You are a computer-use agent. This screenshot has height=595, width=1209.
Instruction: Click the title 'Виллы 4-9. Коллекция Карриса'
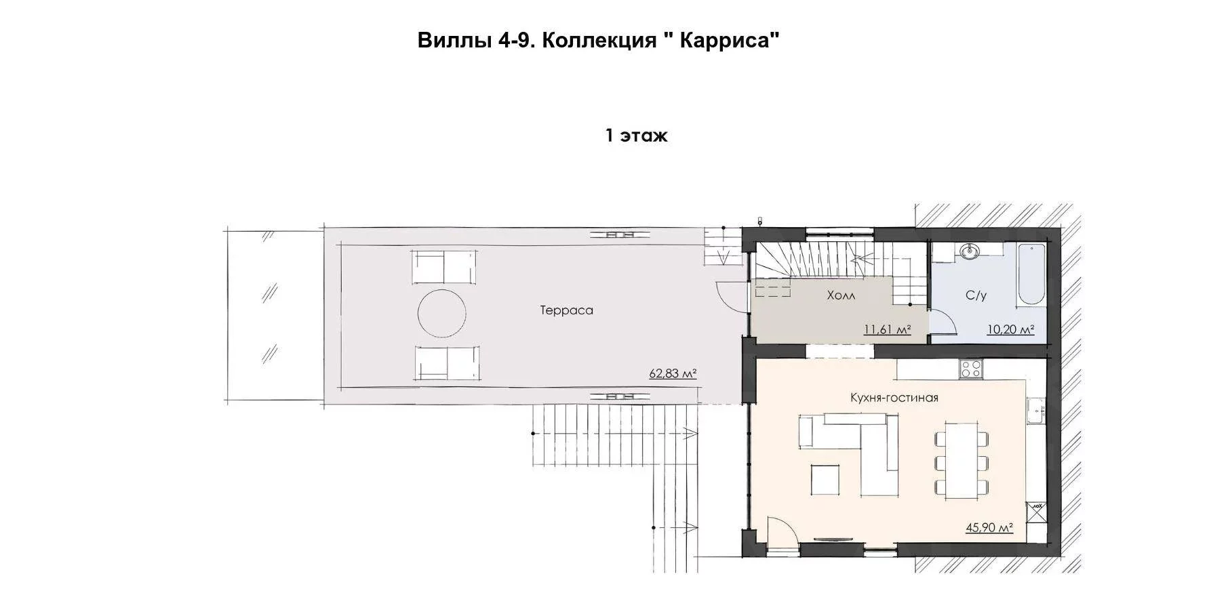597,41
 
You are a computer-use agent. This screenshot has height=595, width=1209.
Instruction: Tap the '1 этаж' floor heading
636,136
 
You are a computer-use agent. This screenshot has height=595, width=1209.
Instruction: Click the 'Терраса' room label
567,310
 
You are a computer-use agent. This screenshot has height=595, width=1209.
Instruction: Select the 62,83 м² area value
673,373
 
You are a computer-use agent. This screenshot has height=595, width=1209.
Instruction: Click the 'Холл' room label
841,295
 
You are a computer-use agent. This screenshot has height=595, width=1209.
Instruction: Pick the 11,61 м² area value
887,330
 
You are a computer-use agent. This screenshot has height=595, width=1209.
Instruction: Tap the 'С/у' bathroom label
976,295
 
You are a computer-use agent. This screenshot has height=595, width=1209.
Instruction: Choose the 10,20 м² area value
1010,330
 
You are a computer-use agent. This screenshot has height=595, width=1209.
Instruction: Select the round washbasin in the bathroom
970,252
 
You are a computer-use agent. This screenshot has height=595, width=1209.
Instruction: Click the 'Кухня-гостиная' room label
894,398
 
